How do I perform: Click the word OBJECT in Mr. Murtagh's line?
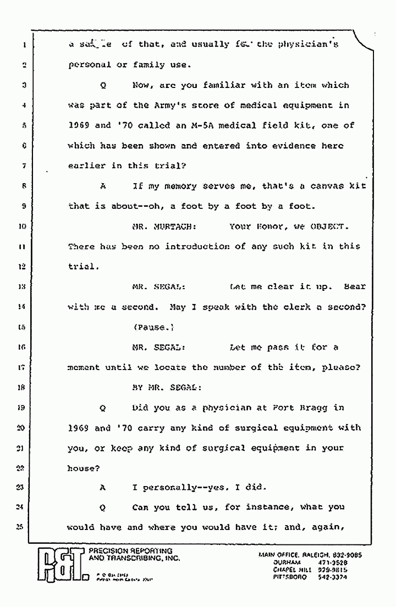(x=328, y=226)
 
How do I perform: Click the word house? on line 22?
(x=84, y=468)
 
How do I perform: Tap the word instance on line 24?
(x=266, y=507)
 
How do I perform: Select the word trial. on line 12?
(x=84, y=266)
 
